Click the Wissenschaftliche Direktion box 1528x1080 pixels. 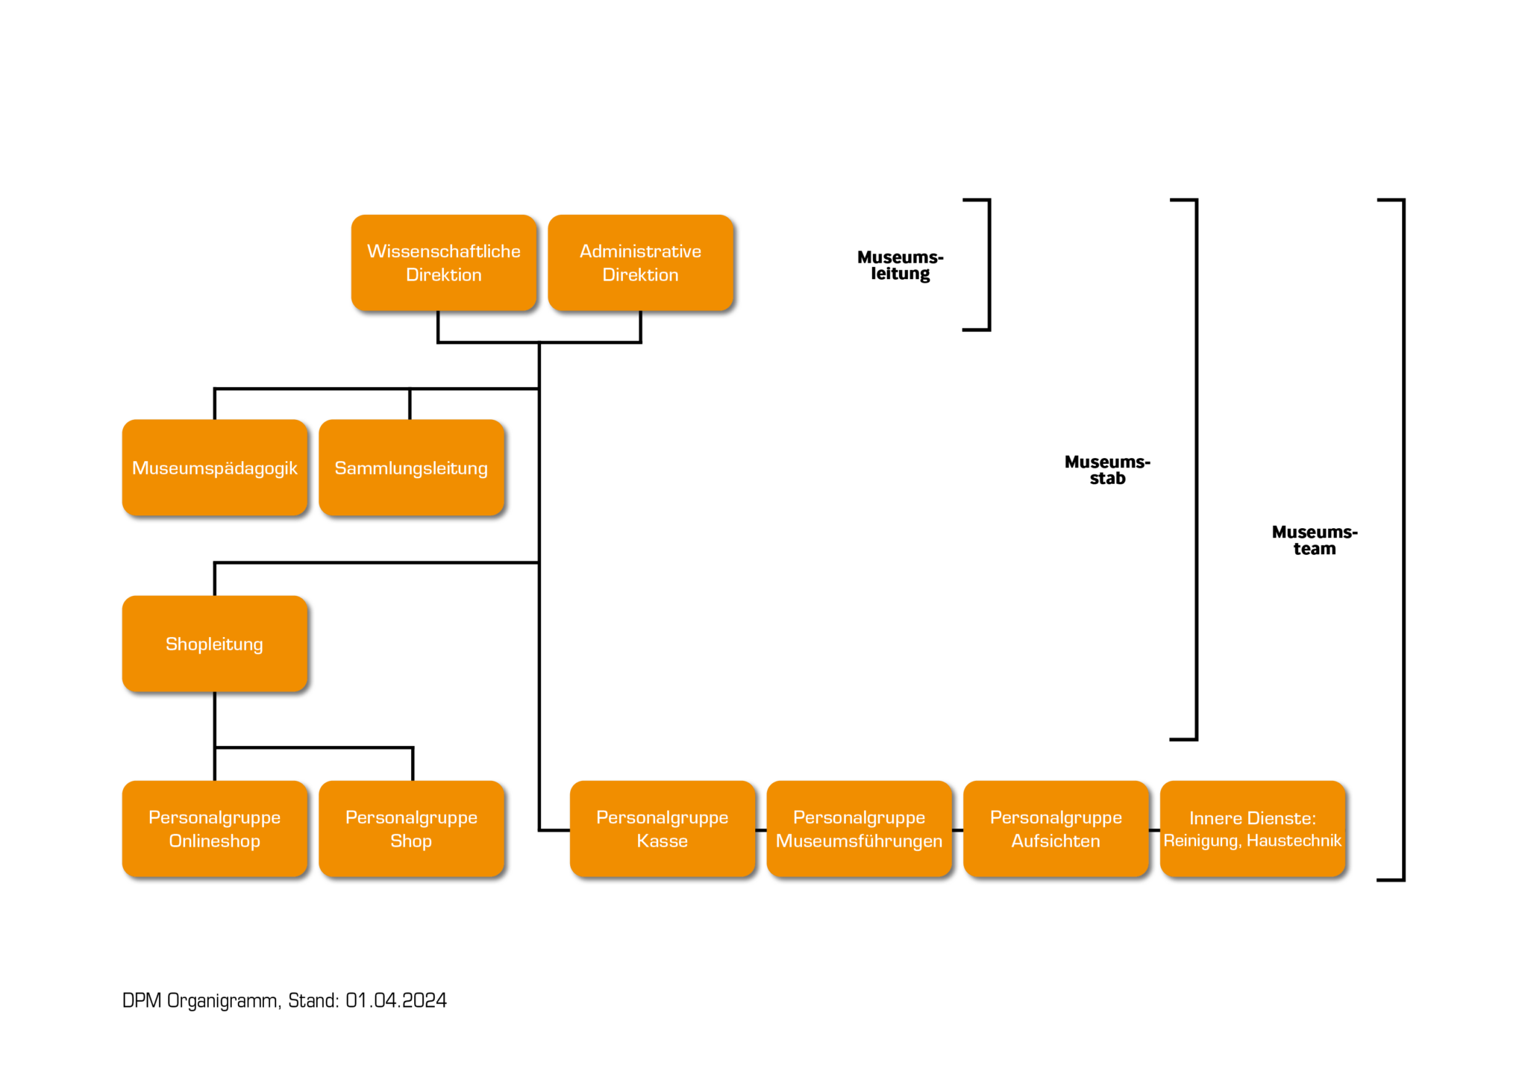(444, 263)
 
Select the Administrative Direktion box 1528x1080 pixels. (641, 263)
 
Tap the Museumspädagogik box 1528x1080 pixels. (215, 468)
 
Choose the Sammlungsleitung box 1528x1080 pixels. (411, 468)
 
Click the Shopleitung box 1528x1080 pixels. (215, 644)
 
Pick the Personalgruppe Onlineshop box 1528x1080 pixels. (215, 829)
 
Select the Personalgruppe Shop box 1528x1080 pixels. (411, 829)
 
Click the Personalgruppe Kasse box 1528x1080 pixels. (663, 829)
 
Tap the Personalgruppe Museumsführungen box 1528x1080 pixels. (859, 829)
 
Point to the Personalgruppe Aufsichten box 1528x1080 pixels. (1056, 829)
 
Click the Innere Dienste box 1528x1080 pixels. (1253, 829)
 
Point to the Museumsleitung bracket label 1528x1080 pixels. (901, 266)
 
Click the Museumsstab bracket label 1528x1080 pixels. (1107, 470)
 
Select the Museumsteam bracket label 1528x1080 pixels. (1315, 540)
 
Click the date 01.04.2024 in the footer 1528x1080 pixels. (396, 1000)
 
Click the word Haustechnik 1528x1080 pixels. (1294, 841)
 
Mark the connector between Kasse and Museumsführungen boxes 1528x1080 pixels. (761, 830)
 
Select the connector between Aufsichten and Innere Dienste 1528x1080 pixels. (1154, 830)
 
